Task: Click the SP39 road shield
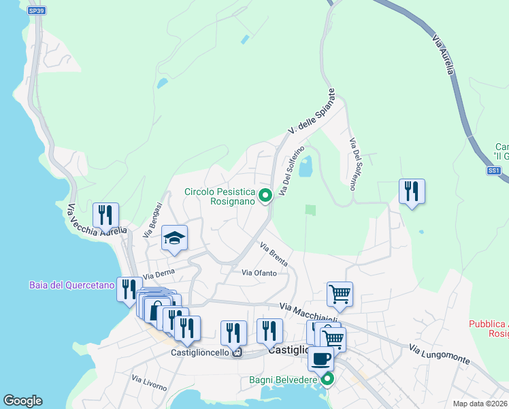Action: [x=37, y=11]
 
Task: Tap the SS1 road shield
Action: [x=494, y=170]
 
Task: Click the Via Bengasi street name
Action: [x=152, y=219]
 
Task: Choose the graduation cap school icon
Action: [x=174, y=239]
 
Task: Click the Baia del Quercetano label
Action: [x=71, y=285]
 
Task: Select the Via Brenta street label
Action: [x=274, y=254]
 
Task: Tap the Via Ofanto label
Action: [x=259, y=273]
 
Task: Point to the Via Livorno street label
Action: [x=149, y=382]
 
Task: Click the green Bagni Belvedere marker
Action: [x=328, y=378]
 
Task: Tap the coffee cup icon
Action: [x=321, y=358]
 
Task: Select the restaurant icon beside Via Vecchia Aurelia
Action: [x=105, y=215]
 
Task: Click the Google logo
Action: [x=22, y=401]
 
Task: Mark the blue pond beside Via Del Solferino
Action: [x=306, y=166]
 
